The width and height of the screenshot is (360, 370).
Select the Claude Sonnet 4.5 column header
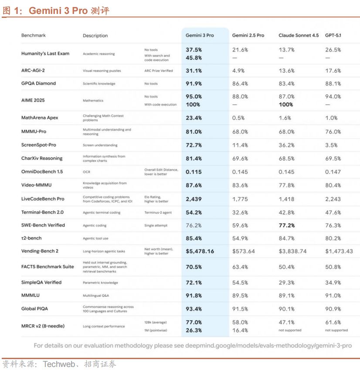click(x=299, y=35)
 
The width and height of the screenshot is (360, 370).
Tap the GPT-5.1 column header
click(x=333, y=35)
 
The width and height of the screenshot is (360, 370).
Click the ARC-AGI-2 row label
click(x=33, y=70)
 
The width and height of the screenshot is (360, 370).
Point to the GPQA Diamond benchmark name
click(x=38, y=83)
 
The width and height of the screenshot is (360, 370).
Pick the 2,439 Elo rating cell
click(x=194, y=199)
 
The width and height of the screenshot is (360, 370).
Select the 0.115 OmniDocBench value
click(x=194, y=172)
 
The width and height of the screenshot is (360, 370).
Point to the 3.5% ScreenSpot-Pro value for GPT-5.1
click(x=332, y=145)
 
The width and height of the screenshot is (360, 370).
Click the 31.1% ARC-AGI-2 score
click(x=194, y=71)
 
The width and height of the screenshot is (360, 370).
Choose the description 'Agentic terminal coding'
click(x=102, y=213)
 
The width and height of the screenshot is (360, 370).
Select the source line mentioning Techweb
click(x=59, y=364)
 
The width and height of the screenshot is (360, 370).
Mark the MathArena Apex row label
click(x=40, y=118)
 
